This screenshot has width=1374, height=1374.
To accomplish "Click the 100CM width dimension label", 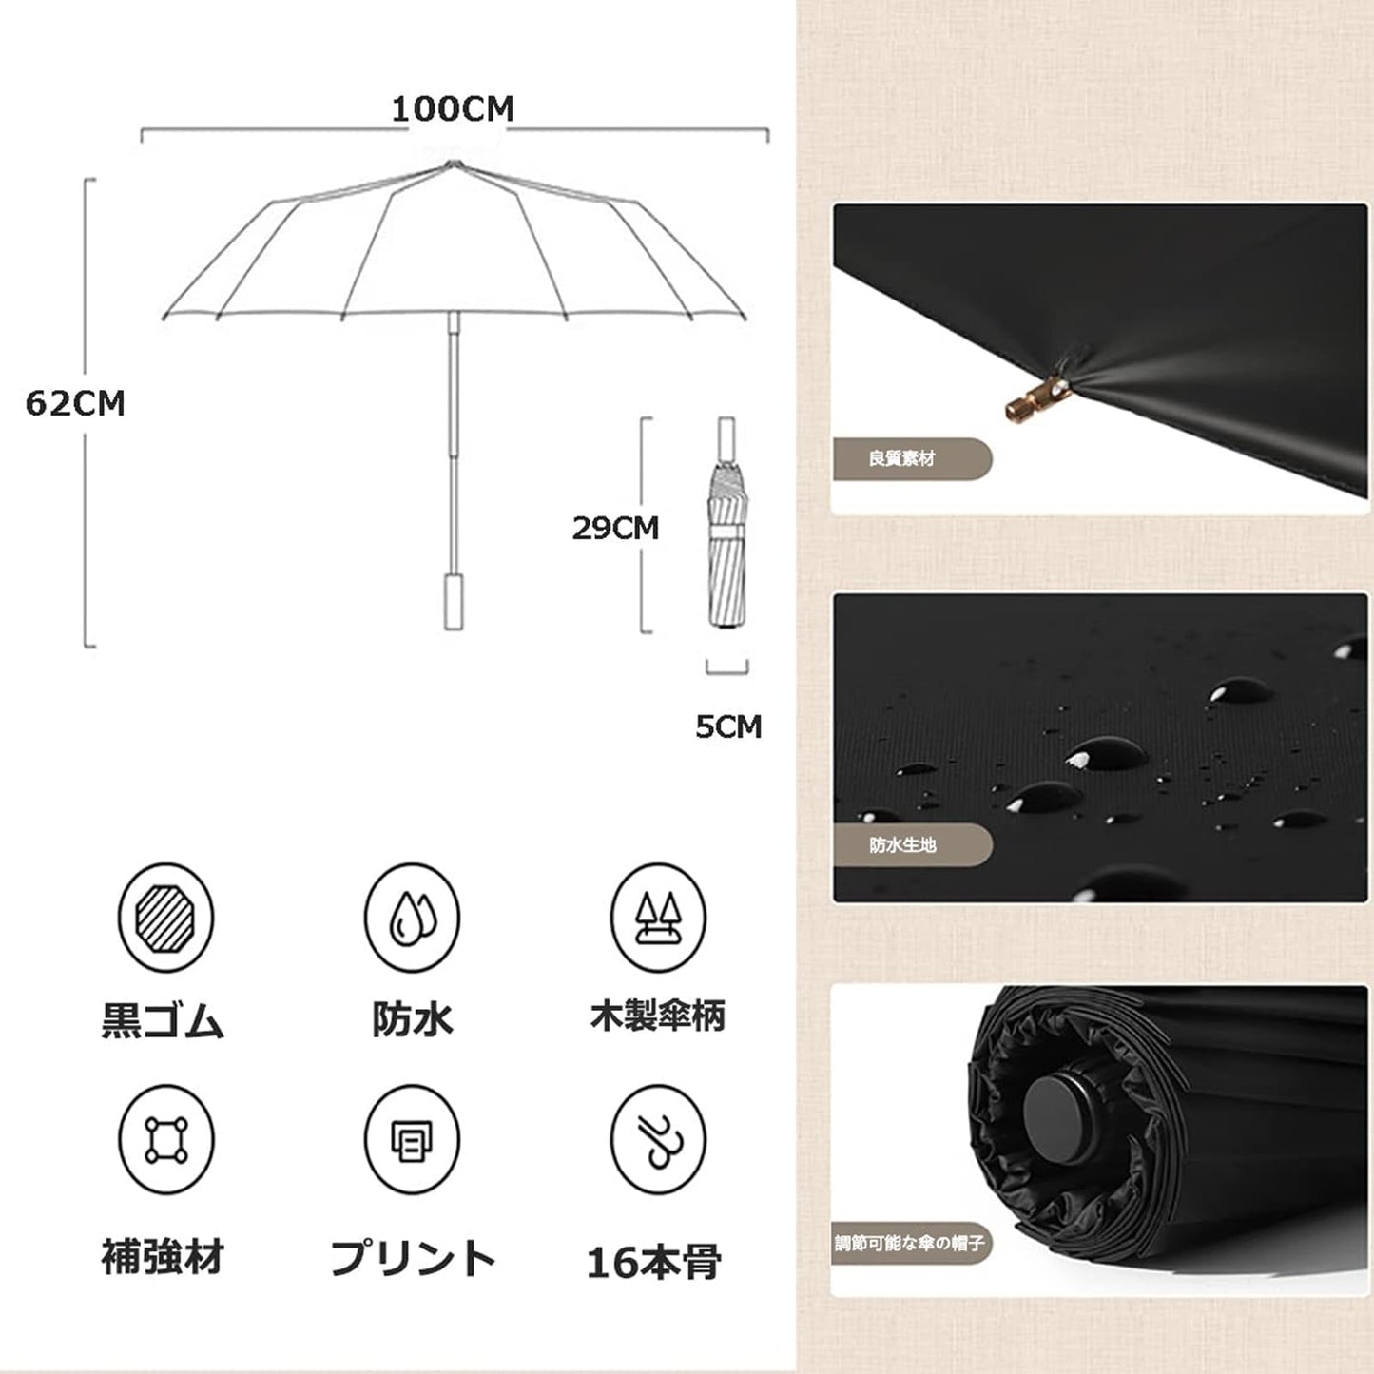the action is (x=453, y=109).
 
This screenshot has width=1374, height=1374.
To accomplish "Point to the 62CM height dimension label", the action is (x=75, y=403).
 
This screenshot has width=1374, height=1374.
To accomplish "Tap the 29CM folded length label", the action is (x=615, y=529).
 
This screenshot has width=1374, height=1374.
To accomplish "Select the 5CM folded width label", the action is (x=728, y=726).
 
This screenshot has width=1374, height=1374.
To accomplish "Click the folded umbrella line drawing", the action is (x=727, y=523).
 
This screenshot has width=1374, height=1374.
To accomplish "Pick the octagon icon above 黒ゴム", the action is (x=166, y=917).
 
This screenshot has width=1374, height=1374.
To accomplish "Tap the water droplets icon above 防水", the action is (x=412, y=917).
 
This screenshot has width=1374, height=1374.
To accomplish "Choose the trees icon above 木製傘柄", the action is (x=657, y=917).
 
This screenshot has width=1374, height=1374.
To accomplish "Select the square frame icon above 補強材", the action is (x=166, y=1140).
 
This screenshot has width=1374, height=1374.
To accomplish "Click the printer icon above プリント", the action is (x=412, y=1140).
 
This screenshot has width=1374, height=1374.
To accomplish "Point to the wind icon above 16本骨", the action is (x=657, y=1140).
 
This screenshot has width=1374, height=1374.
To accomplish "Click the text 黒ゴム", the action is (x=164, y=1020).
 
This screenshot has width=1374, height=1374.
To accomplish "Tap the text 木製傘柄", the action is (x=657, y=1016).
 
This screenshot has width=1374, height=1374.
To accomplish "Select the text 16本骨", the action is (x=654, y=1262).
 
